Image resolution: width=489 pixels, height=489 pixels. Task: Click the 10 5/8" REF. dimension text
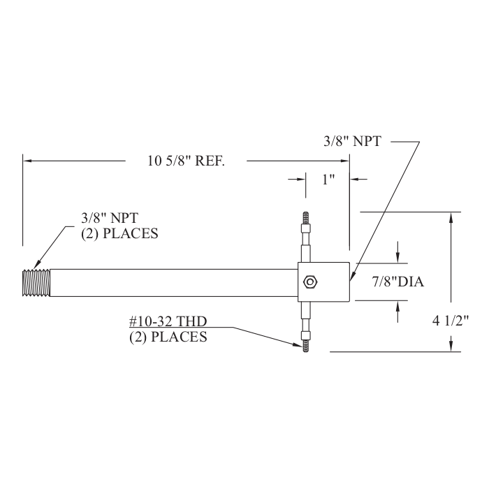tap(186, 161)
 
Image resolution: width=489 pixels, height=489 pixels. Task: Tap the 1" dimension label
tap(328, 180)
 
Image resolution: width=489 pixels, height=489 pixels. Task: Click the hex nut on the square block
tap(309, 282)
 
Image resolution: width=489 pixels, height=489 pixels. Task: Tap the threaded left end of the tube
tap(36, 282)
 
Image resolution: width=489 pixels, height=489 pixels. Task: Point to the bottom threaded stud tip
tap(305, 346)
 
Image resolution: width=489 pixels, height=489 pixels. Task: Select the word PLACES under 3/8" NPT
tap(130, 233)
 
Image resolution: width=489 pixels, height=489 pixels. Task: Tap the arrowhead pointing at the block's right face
tap(353, 277)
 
